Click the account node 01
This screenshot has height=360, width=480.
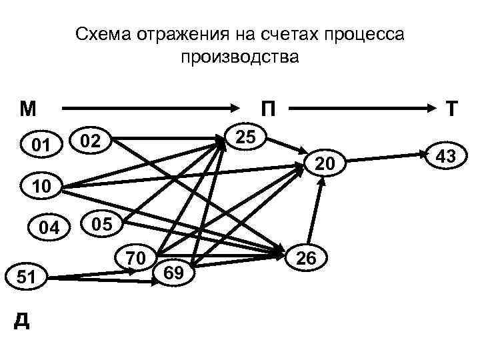(42, 143)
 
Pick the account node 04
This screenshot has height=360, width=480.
(49, 228)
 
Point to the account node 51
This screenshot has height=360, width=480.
(29, 277)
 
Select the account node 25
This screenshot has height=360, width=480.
(247, 137)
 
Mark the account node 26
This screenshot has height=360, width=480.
(307, 257)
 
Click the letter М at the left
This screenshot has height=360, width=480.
(29, 107)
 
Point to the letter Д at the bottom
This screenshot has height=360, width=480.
(22, 321)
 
